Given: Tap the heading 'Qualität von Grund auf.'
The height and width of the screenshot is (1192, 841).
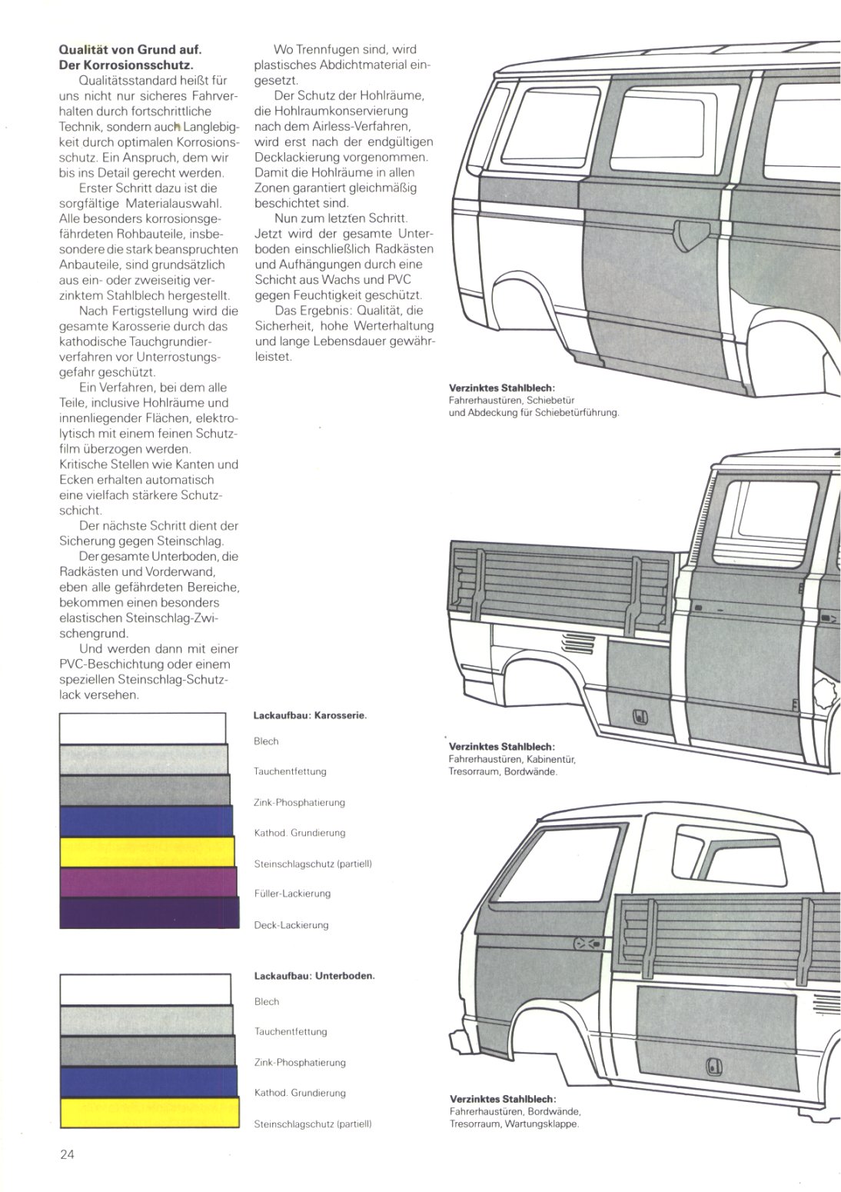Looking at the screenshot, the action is tap(131, 50).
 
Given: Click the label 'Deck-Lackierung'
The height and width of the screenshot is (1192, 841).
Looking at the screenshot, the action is tap(291, 925).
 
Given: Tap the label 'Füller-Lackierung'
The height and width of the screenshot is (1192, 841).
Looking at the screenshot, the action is tap(292, 894).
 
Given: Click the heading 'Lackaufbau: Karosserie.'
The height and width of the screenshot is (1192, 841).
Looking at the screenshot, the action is tap(310, 716).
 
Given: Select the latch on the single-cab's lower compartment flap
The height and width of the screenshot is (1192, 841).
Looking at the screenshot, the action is tap(713, 1063).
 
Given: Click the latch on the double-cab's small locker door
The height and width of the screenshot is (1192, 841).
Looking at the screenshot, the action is tap(640, 718).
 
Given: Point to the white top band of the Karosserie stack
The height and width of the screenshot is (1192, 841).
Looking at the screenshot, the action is tap(142, 728).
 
